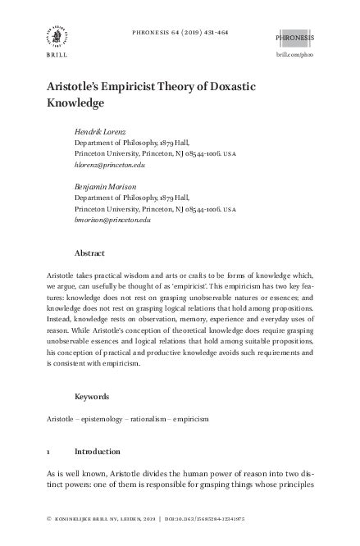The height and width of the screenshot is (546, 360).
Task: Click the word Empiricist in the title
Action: (138, 90)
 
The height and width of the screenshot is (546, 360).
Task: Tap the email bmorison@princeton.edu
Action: (112, 221)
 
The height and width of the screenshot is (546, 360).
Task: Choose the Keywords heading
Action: (92, 396)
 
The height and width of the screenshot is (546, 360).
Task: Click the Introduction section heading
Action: (98, 452)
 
